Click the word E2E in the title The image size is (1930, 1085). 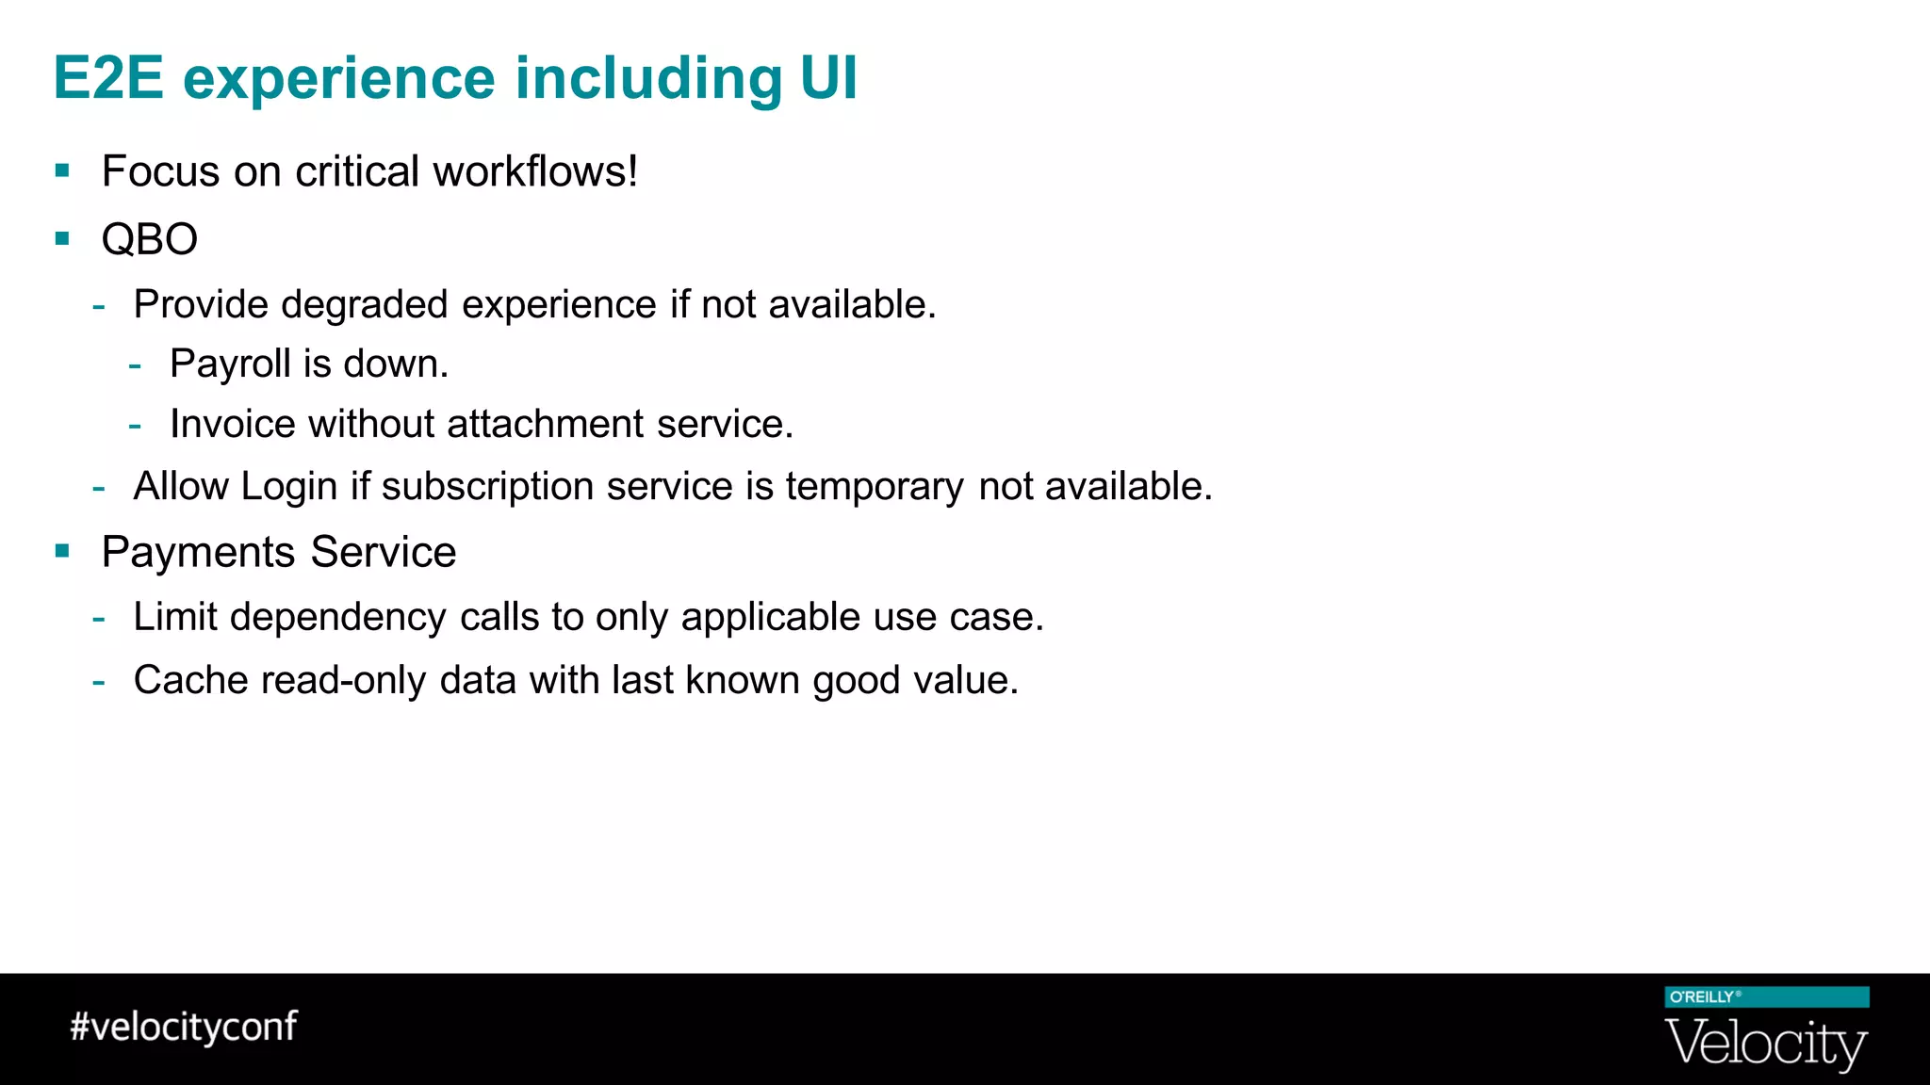(x=108, y=78)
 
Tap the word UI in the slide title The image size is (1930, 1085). (x=828, y=78)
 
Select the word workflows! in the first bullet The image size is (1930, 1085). (x=535, y=172)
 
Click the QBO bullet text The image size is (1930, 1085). (x=150, y=239)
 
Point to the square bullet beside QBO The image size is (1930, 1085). (x=63, y=238)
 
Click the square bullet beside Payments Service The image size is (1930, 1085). (x=63, y=551)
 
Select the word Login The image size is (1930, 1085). (x=288, y=487)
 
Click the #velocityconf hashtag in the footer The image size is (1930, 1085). (x=184, y=1027)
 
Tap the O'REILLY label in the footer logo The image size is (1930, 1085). (x=1702, y=997)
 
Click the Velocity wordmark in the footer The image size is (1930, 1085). (x=1766, y=1044)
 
